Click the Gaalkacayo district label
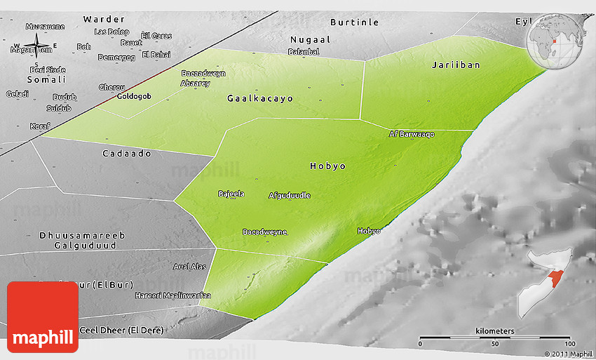(260, 99)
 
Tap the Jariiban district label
(456, 65)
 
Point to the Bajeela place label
(231, 194)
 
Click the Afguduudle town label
(290, 195)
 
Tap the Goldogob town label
(133, 96)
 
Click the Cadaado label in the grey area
(127, 153)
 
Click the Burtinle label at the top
(354, 22)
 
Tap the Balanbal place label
(304, 51)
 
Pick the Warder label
(104, 19)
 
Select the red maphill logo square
(43, 316)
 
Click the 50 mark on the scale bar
(495, 344)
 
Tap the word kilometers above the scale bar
(494, 331)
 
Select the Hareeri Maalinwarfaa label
(173, 295)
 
